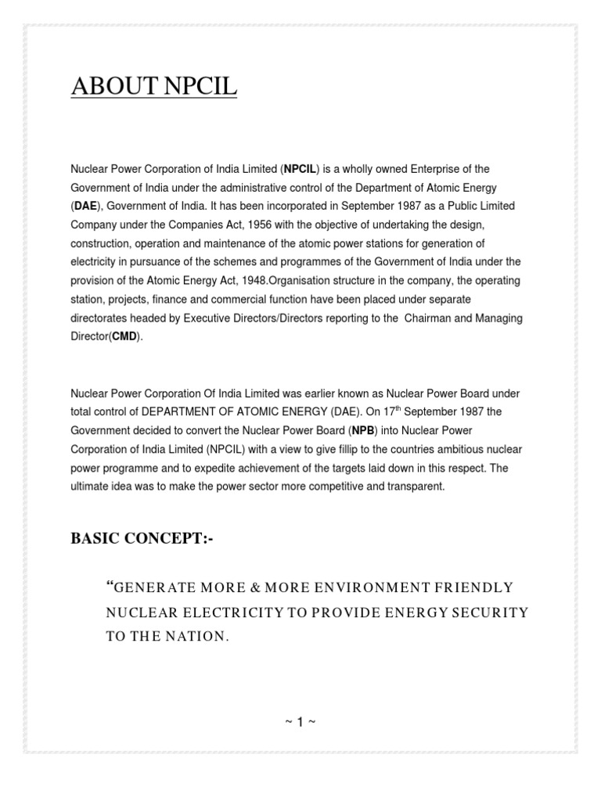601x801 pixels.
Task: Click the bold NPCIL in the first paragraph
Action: tap(299, 169)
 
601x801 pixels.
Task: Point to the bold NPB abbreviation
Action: tap(362, 430)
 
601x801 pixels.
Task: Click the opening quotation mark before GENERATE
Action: tap(109, 584)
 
